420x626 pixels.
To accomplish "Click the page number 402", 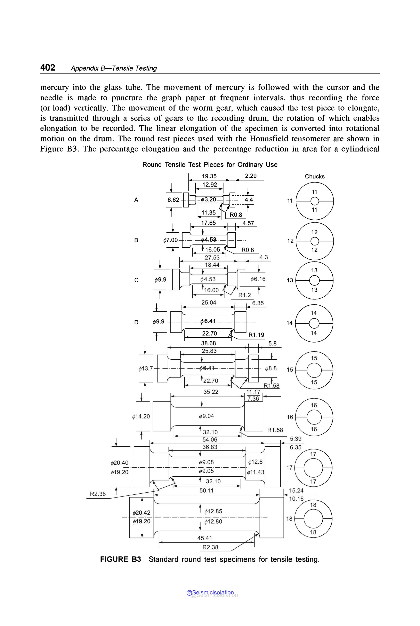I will point(48,68).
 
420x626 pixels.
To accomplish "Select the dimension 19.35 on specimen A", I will point(209,176).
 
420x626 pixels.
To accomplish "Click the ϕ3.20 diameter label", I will point(208,199).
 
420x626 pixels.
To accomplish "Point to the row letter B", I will point(136,240).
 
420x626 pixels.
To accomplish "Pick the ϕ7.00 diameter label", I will point(170,240).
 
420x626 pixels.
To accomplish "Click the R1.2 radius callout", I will point(244,295).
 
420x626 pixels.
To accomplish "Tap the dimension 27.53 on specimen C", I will point(212,258).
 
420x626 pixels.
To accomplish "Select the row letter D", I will point(136,322).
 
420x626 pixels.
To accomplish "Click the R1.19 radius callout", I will point(256,335).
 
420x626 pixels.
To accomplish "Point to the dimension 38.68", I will point(208,343).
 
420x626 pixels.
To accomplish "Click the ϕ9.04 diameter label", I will point(206,416).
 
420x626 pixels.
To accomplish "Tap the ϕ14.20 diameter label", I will point(141,416).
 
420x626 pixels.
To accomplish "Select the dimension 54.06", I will point(210,439).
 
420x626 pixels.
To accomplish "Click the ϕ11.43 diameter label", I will point(255,472).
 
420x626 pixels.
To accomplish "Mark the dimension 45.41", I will point(205,538).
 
